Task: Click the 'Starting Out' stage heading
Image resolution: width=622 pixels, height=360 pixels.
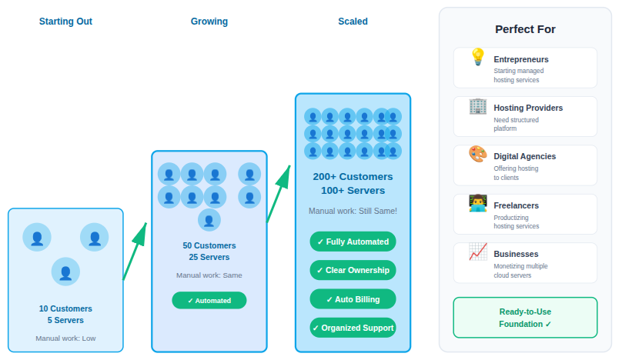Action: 65,22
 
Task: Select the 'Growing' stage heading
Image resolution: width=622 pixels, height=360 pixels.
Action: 209,22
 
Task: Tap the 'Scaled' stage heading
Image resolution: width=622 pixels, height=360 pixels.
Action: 353,22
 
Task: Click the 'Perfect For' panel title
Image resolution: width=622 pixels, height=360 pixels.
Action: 525,29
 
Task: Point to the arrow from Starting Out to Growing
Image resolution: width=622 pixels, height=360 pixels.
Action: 135,251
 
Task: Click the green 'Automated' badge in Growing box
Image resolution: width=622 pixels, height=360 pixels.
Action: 209,301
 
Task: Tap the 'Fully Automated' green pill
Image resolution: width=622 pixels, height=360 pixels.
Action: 353,242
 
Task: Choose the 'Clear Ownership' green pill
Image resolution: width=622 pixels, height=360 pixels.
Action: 353,270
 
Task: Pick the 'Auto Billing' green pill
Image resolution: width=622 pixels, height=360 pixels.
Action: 353,299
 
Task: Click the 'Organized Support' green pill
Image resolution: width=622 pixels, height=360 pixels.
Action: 353,328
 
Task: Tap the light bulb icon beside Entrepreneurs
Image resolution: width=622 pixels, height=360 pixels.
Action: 477,58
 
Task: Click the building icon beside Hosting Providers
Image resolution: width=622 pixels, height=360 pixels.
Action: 477,106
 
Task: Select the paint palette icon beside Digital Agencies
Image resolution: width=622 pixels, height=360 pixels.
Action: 477,155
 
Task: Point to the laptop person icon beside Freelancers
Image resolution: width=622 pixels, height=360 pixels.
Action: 477,204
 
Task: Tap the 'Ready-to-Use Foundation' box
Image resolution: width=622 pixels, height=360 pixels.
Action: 525,318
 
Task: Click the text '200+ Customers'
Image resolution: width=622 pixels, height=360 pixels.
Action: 353,177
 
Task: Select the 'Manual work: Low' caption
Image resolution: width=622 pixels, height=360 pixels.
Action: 65,338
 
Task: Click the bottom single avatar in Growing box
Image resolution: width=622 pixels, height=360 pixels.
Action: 209,220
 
